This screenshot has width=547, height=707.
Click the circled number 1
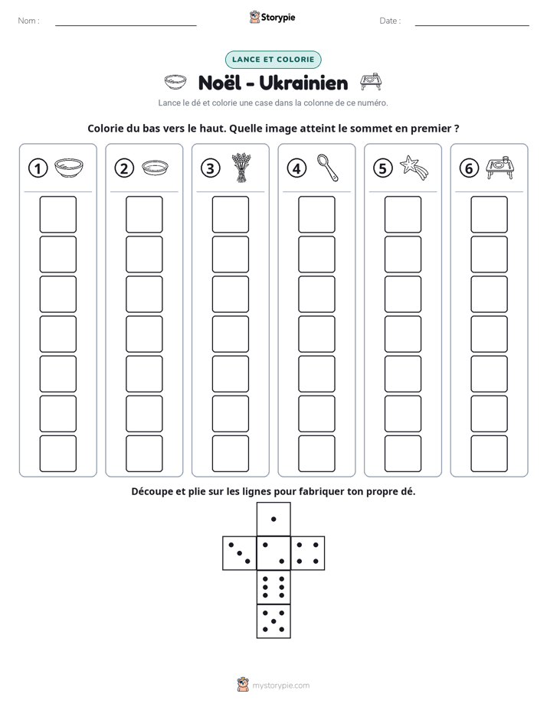(x=38, y=168)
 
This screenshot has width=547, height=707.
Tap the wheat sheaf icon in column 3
(x=241, y=168)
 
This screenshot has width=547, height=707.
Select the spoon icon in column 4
(x=327, y=168)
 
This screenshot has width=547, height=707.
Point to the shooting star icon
(x=414, y=168)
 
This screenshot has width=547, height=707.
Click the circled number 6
(x=469, y=168)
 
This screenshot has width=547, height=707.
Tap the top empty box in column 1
(x=57, y=214)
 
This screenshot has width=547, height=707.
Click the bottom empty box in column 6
(x=489, y=454)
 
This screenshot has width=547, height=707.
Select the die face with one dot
(x=273, y=519)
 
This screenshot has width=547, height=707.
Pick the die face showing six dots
(x=273, y=587)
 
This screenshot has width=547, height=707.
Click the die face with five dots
(x=273, y=621)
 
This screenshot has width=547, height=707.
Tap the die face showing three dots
(x=240, y=553)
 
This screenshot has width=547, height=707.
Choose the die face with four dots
(x=308, y=553)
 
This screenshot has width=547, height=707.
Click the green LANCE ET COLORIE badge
(x=273, y=60)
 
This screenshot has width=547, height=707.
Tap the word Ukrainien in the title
(x=303, y=83)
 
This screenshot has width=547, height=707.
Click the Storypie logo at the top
(x=272, y=17)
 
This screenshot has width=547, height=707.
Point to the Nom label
(x=28, y=21)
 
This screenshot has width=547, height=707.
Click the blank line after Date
(x=472, y=25)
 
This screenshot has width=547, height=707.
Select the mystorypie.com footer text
(x=280, y=686)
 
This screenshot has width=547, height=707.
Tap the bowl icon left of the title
(x=175, y=82)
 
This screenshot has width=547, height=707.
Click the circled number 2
(x=124, y=168)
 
